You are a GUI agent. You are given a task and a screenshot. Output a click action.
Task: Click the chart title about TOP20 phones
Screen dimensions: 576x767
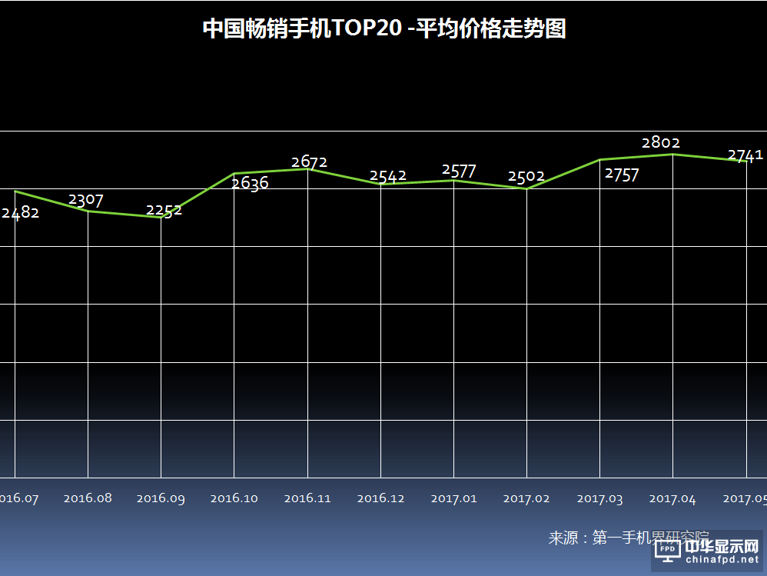click(x=383, y=29)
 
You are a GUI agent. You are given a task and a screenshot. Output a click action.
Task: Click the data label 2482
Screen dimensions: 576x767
click(x=20, y=213)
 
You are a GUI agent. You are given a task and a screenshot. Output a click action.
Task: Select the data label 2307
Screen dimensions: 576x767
click(x=86, y=200)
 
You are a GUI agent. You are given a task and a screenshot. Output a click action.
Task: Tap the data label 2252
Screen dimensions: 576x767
click(x=164, y=210)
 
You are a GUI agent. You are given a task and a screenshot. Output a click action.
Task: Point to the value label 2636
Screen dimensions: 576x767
click(x=251, y=183)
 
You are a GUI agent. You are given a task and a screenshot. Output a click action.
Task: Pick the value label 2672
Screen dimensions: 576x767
click(x=310, y=161)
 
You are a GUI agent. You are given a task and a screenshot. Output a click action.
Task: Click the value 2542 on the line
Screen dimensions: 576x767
click(x=388, y=176)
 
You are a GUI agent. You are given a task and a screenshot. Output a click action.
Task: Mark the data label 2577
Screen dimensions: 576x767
click(x=460, y=171)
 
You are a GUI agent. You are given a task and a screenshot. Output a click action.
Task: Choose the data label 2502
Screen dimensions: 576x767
click(x=526, y=176)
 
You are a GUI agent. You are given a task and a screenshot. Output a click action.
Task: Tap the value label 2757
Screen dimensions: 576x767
click(x=622, y=175)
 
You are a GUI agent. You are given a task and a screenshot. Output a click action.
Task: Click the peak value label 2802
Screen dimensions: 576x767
click(x=661, y=142)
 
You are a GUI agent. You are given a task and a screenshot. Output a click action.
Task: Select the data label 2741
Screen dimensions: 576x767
click(x=745, y=155)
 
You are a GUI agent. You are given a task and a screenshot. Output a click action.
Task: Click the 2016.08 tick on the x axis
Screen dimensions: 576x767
click(x=88, y=498)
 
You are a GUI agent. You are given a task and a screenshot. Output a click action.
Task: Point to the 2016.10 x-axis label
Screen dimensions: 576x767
click(x=234, y=498)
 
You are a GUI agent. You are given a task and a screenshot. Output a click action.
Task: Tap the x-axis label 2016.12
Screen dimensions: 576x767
click(x=381, y=498)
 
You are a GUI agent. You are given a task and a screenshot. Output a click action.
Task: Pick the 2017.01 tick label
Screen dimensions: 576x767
click(x=453, y=498)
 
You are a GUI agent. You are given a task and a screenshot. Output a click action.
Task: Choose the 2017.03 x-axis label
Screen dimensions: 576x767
click(x=599, y=499)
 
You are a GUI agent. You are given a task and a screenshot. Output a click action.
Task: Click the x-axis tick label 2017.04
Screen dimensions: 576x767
click(x=672, y=499)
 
